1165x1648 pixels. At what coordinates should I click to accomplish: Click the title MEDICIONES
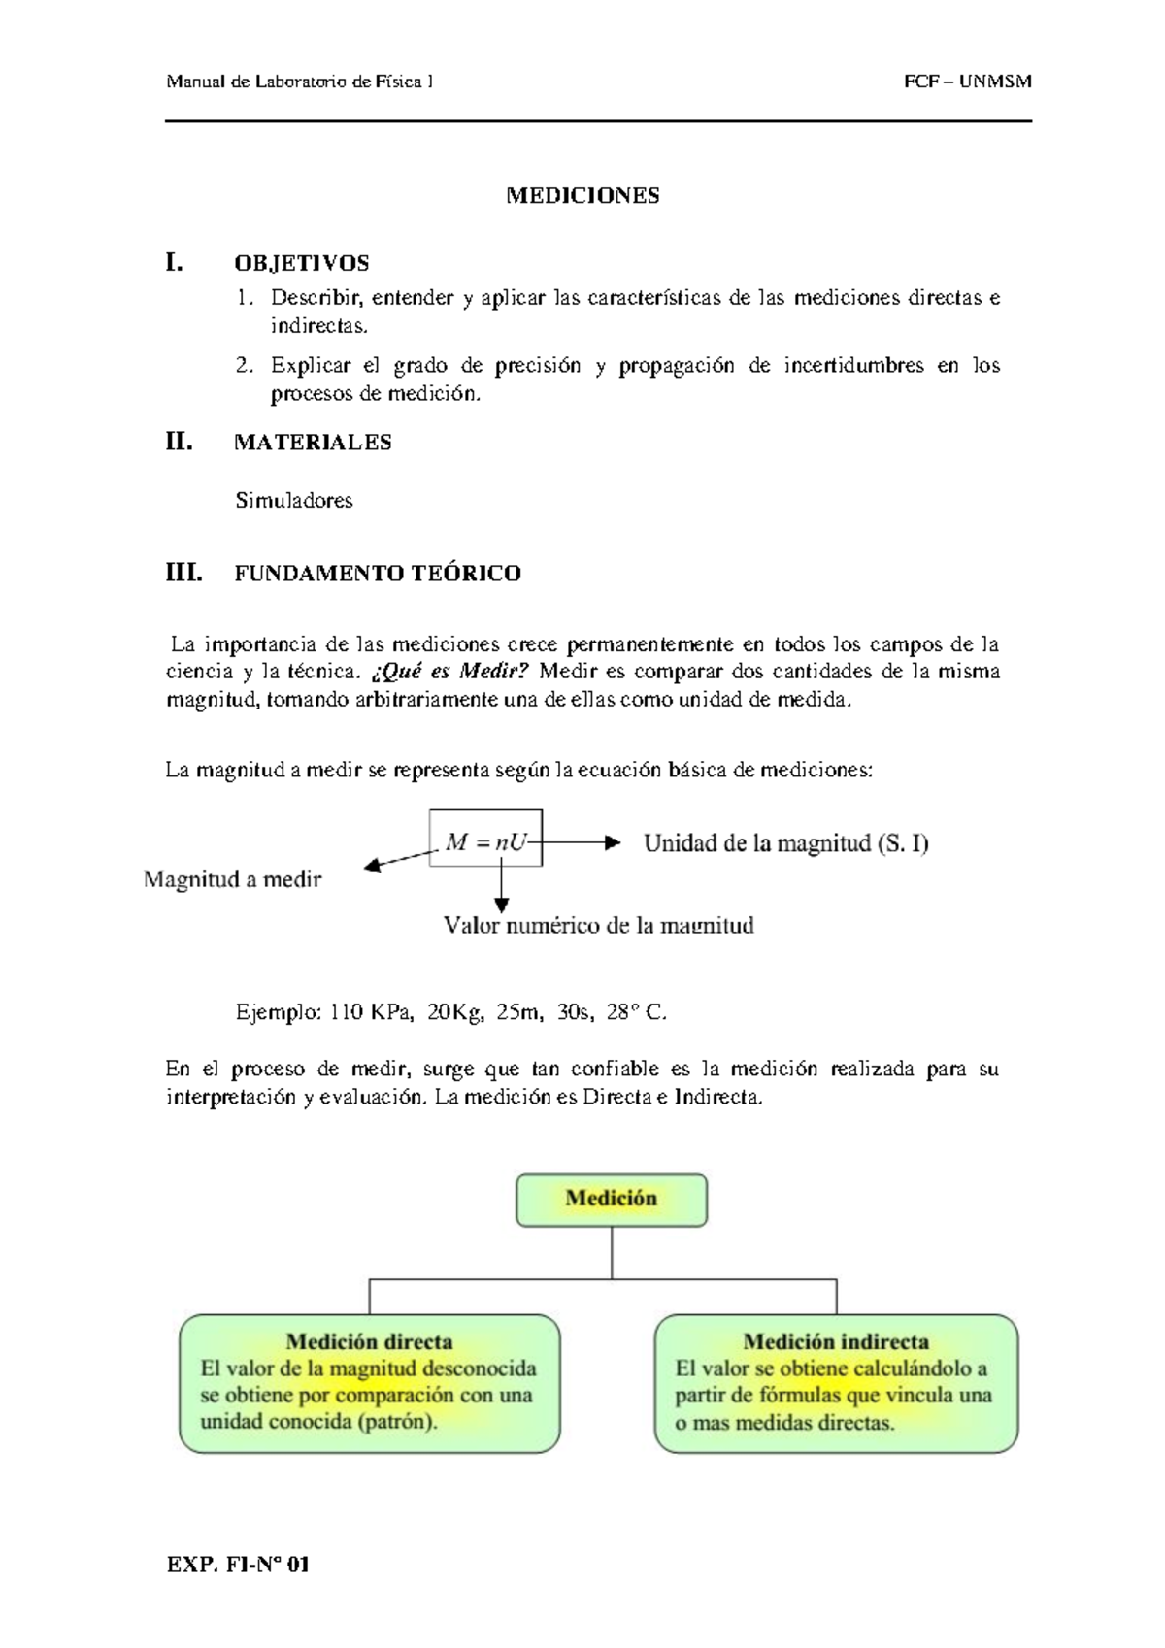(x=582, y=196)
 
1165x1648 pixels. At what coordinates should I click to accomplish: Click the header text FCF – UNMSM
(x=967, y=82)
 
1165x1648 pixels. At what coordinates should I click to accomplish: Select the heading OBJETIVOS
(x=301, y=263)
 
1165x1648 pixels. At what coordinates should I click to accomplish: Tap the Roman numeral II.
(x=179, y=442)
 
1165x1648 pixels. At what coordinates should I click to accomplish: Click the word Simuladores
(x=293, y=501)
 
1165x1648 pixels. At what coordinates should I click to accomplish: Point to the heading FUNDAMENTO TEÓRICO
(x=378, y=574)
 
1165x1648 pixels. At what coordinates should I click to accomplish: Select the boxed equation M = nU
(x=485, y=841)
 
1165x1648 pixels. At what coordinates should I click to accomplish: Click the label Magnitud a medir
(x=232, y=880)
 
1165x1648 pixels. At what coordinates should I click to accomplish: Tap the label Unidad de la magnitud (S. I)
(x=785, y=843)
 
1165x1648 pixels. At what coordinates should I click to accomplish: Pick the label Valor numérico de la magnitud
(x=598, y=926)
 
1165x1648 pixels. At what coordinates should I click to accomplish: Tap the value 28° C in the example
(x=636, y=1013)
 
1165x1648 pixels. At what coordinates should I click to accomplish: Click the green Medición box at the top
(x=611, y=1200)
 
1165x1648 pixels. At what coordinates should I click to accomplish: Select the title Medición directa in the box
(x=369, y=1342)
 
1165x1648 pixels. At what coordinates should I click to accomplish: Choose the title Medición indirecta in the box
(x=836, y=1342)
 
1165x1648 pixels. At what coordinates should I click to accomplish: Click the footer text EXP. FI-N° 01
(x=238, y=1565)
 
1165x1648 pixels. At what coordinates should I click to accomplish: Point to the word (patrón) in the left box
(x=397, y=1423)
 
